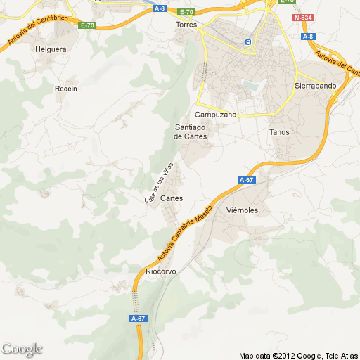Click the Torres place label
(x=186, y=24)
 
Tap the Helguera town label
(x=50, y=49)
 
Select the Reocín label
(x=65, y=89)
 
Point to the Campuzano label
(x=215, y=114)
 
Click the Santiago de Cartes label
(x=191, y=131)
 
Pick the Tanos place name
(x=279, y=131)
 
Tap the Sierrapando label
(x=315, y=86)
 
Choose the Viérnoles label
(x=243, y=210)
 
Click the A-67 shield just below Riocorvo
(x=139, y=319)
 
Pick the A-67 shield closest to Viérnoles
(x=246, y=181)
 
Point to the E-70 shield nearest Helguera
(x=87, y=25)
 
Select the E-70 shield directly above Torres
(x=186, y=12)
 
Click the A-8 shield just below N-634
(x=308, y=37)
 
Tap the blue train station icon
(x=247, y=42)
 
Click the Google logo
(x=22, y=349)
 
